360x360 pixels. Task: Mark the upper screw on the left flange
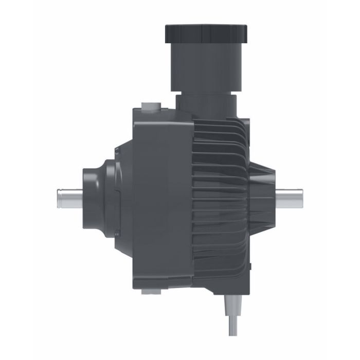click(117, 150)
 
